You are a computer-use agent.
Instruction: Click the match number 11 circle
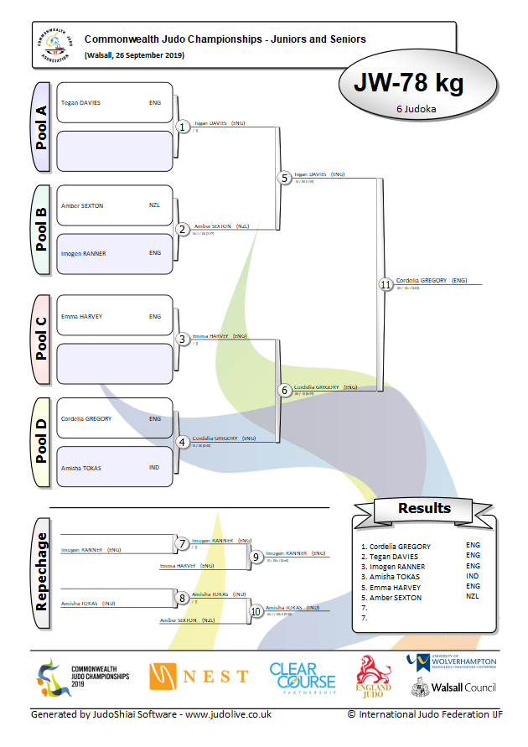coord(386,285)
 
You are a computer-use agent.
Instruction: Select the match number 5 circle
coord(285,178)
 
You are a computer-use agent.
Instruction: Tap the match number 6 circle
coord(285,391)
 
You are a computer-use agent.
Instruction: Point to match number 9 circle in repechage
coord(256,556)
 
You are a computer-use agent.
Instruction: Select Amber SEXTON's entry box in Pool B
coord(114,206)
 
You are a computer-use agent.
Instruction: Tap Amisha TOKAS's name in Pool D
coord(81,468)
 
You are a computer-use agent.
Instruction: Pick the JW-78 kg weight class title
coord(409,83)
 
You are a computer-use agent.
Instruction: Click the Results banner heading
coord(424,508)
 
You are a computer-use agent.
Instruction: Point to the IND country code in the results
coord(473,577)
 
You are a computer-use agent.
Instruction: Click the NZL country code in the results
coord(473,597)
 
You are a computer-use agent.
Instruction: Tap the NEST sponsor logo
coord(199,676)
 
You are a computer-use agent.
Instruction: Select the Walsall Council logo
coord(453,687)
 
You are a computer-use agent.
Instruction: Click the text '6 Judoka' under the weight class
coord(414,109)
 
